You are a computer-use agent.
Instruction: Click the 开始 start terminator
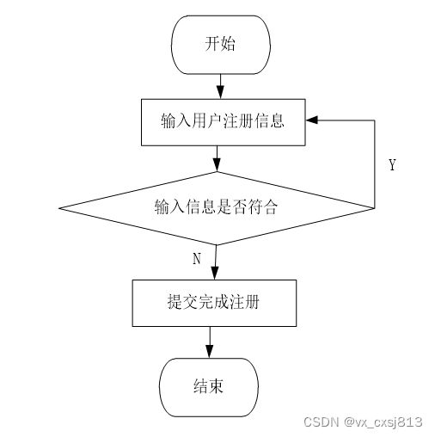click(221, 45)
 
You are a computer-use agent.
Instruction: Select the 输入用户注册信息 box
click(224, 122)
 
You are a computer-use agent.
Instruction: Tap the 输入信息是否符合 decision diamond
click(217, 208)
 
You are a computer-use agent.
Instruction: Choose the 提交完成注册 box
click(214, 303)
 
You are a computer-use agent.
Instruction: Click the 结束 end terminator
click(209, 387)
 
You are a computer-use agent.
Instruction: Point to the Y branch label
click(393, 165)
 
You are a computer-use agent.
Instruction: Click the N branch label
click(197, 259)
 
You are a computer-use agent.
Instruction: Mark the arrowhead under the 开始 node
click(220, 92)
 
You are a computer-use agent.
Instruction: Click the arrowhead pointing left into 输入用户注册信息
click(312, 120)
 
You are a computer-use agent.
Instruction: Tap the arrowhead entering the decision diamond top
click(217, 164)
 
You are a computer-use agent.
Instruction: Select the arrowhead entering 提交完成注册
click(215, 273)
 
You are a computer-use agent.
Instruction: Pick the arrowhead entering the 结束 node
click(210, 351)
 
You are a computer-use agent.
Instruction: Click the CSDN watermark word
click(321, 422)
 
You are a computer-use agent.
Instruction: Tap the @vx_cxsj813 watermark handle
click(383, 422)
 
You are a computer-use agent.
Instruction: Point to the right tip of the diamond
click(374, 208)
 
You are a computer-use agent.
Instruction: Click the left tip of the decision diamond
click(59, 208)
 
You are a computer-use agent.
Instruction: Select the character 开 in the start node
click(211, 44)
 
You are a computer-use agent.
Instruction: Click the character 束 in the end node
click(216, 386)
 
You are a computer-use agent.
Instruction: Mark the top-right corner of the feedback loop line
click(375, 120)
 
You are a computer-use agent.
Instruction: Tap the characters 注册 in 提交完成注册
click(244, 302)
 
